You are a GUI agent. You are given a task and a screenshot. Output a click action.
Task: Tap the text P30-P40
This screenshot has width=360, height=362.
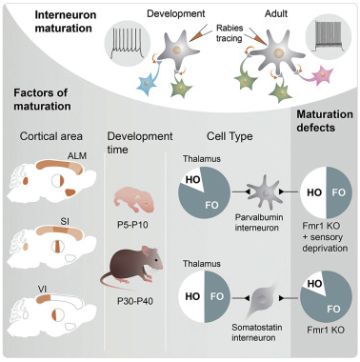136,305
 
